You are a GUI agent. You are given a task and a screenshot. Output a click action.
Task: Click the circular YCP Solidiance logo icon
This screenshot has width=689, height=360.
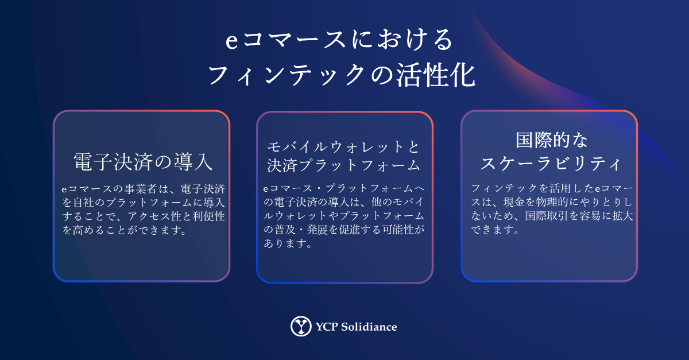pos(301,326)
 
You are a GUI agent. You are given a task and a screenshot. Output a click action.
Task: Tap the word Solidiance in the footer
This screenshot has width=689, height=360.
pos(369,327)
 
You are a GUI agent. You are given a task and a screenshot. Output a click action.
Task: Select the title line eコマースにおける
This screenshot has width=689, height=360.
pos(339,40)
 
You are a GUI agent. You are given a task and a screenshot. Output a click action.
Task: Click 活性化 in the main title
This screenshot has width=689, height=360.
pos(435,75)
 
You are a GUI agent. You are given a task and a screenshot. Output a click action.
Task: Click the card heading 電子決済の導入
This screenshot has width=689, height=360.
pos(143,162)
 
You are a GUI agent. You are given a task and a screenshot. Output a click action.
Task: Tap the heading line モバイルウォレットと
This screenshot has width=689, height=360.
pos(343,147)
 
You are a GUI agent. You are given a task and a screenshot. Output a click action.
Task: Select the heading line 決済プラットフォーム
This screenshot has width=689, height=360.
pos(343,165)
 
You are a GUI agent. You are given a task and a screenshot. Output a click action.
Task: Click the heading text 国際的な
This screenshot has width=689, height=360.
pos(552,140)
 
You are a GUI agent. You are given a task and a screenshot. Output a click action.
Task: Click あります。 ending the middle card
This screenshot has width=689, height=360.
pos(288,243)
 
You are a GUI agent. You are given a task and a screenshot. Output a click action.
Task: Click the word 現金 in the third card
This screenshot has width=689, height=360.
pos(514,202)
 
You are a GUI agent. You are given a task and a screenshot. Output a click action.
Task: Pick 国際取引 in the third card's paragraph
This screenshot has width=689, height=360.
pos(546,216)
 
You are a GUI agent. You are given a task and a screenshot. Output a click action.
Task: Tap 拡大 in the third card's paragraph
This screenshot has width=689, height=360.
pos(622,216)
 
